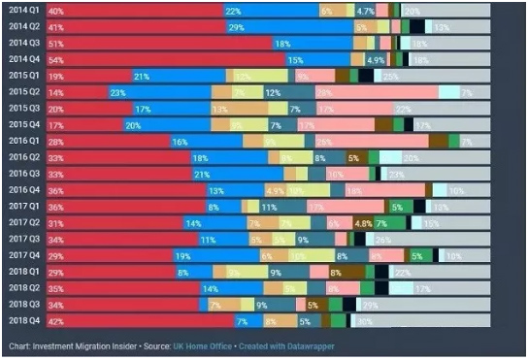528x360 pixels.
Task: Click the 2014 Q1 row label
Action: [x=22, y=11]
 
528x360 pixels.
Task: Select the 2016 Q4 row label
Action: [x=22, y=189]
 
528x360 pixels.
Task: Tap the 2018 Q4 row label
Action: [x=22, y=320]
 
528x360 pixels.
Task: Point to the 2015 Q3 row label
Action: [x=22, y=108]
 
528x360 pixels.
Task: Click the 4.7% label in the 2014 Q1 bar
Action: [x=365, y=11]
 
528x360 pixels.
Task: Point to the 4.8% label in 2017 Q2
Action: [x=363, y=222]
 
